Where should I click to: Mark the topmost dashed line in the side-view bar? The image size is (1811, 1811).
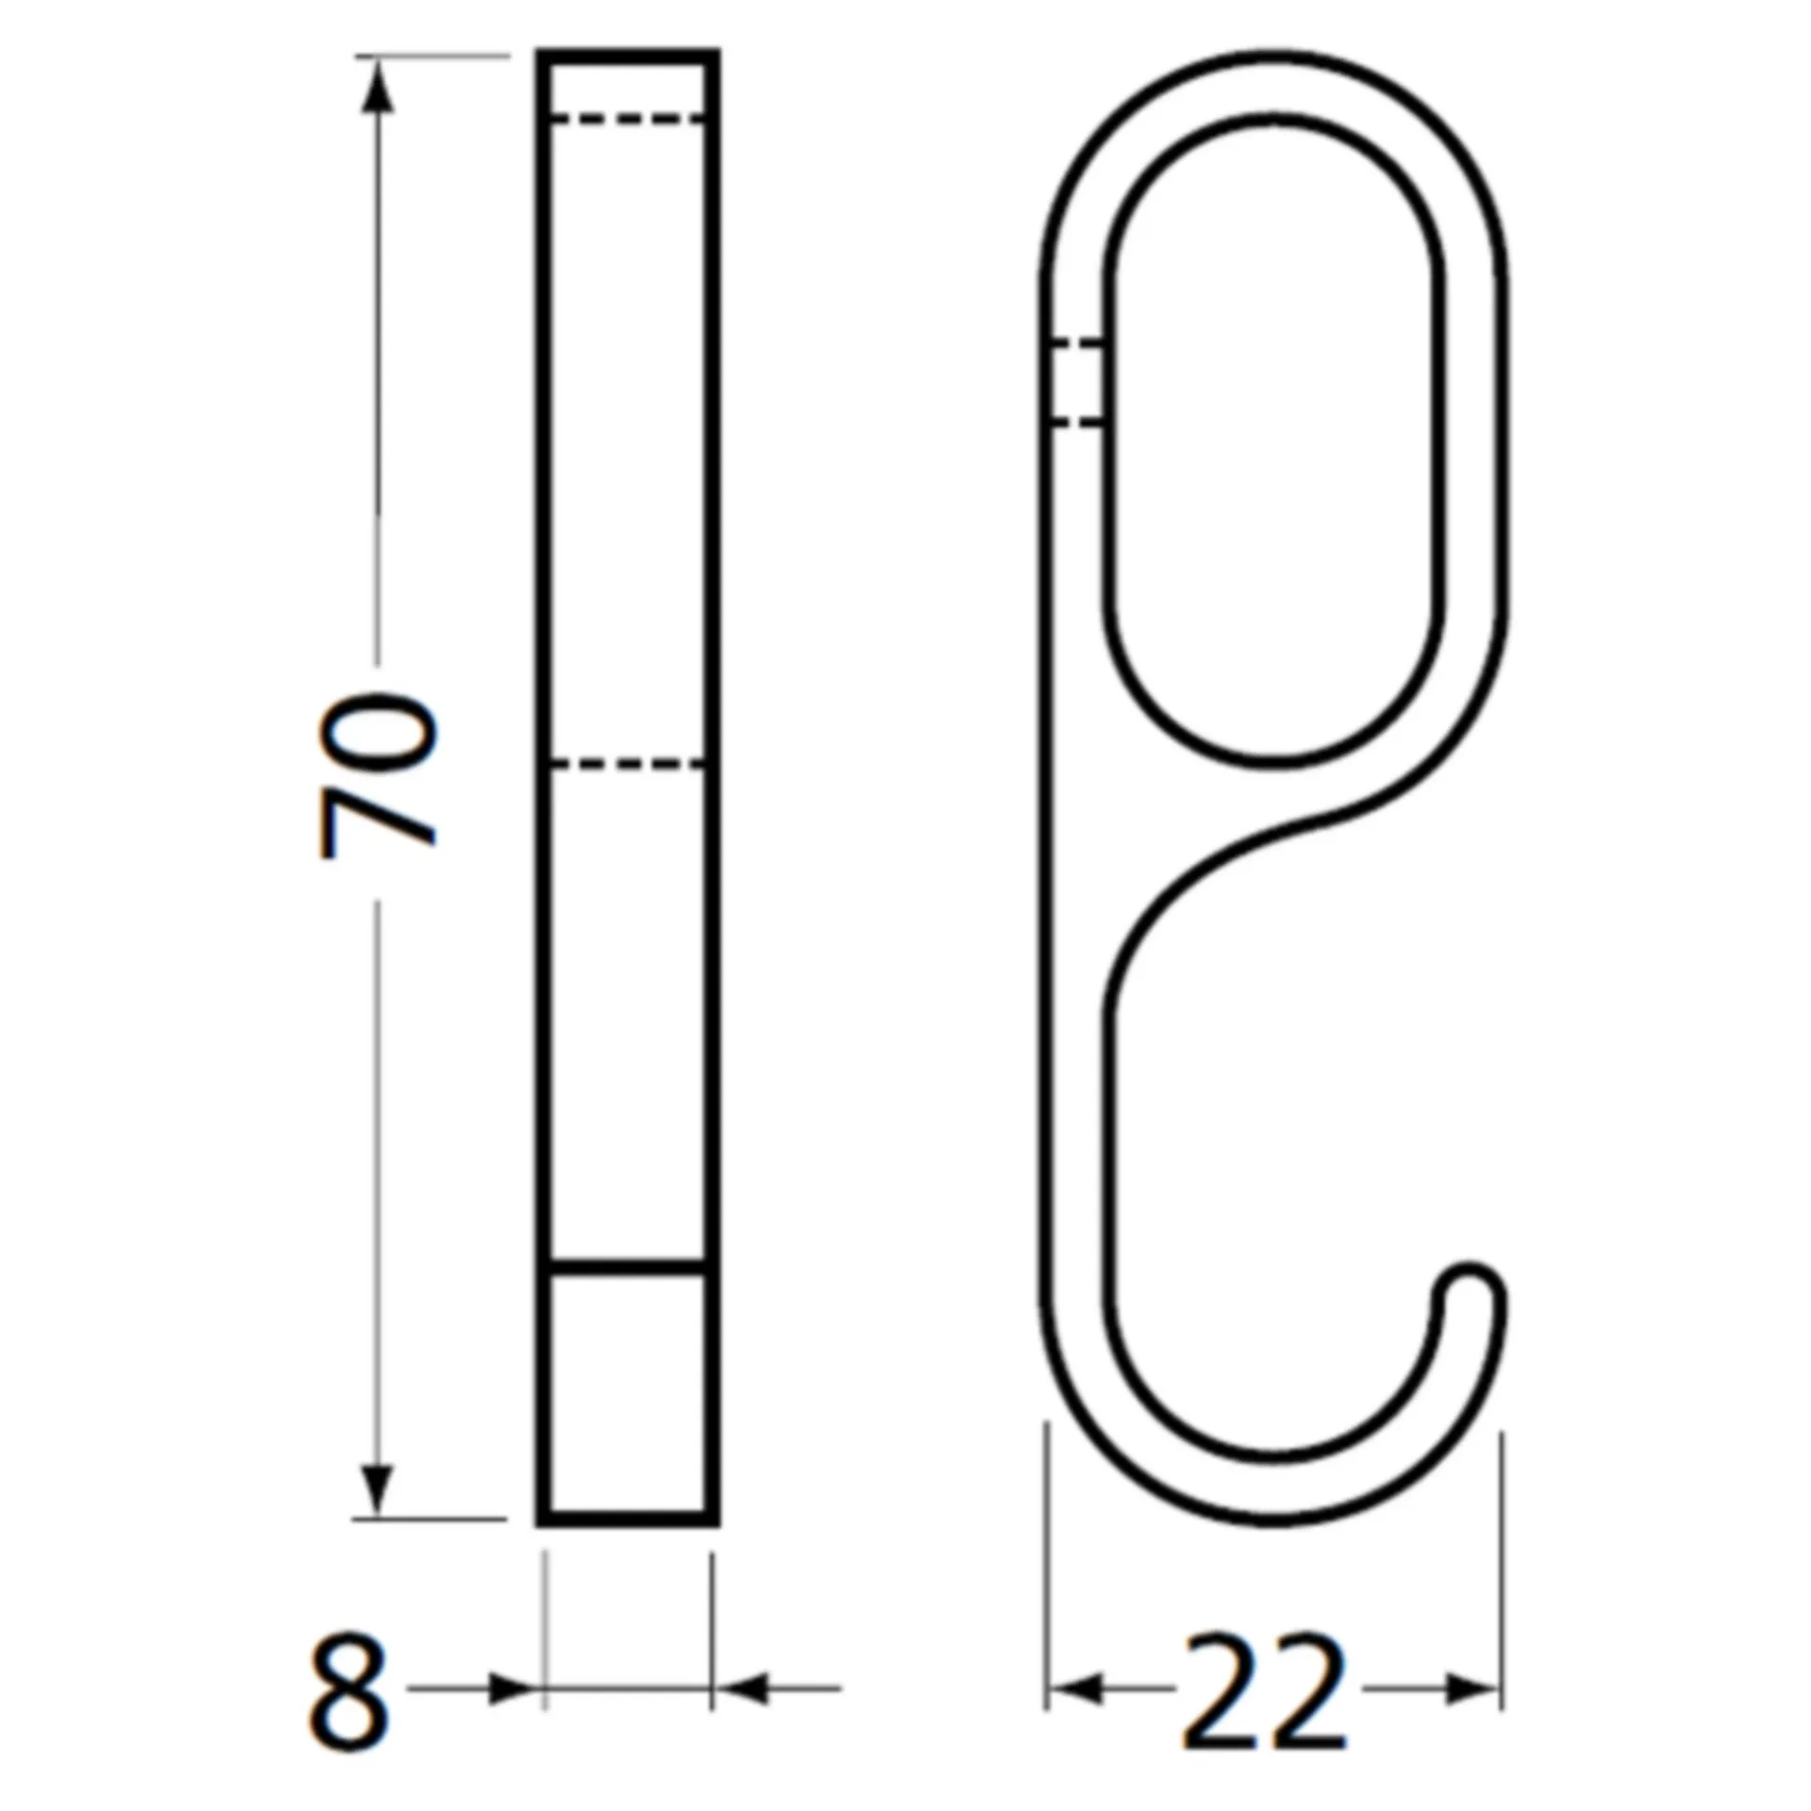627,119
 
